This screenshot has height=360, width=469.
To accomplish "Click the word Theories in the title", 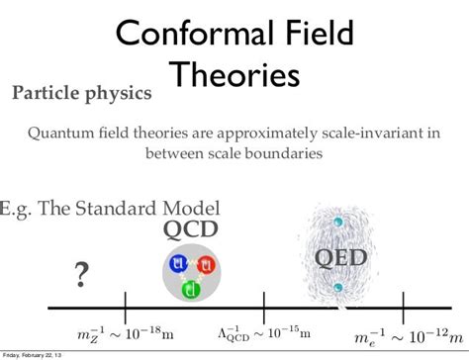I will [233, 74].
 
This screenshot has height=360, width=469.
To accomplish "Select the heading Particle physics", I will [81, 94].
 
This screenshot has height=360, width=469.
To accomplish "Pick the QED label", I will [340, 258].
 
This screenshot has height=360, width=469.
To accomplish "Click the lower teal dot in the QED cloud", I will [339, 288].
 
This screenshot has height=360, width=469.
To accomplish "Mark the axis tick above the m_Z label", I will [125, 303].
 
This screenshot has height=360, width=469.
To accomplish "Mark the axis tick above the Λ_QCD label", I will [263, 303].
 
